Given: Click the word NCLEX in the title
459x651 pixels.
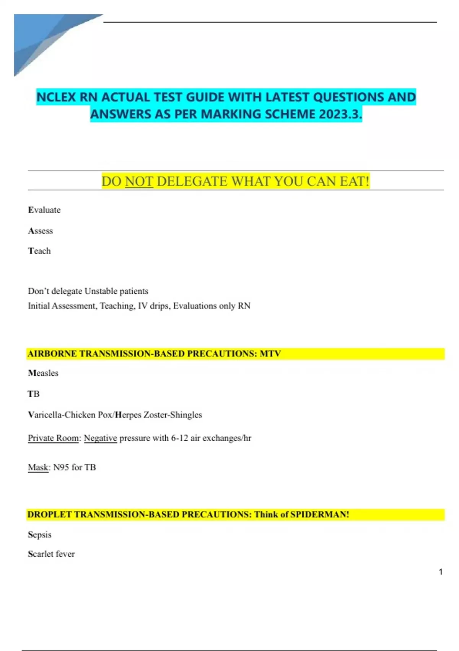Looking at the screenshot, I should click(56, 97).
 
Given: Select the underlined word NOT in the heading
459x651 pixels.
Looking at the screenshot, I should click(139, 181).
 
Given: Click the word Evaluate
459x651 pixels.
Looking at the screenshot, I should click(44, 210).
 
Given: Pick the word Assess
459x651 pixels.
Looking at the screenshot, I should click(41, 231).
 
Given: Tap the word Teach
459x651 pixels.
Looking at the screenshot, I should click(39, 251).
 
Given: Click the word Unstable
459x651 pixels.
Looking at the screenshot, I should click(101, 291).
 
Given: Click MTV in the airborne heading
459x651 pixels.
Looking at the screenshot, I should click(270, 353).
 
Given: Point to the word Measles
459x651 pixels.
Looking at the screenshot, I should click(43, 373).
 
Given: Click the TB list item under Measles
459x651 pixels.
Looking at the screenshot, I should click(34, 394).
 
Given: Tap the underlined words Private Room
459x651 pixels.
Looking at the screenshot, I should click(53, 438).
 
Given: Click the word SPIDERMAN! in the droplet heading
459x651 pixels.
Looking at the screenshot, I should click(319, 514).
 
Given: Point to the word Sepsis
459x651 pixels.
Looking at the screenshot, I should click(40, 535).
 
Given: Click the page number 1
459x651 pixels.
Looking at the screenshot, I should click(441, 572).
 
